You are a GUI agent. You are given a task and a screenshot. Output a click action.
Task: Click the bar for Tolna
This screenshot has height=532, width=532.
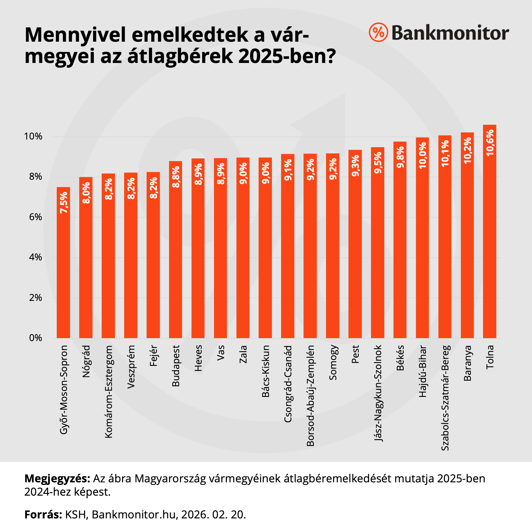[x=489, y=236]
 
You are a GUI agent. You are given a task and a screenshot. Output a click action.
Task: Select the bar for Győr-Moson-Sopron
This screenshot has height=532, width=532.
[x=63, y=266]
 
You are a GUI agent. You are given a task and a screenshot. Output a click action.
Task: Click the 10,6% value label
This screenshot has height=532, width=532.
[x=490, y=143]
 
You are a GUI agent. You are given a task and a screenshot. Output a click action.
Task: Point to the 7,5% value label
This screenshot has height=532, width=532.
[x=64, y=202]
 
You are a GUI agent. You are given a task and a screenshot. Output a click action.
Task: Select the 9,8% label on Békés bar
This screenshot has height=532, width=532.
[x=400, y=160]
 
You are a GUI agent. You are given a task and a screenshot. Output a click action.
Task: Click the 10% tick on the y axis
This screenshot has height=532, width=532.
[x=33, y=137]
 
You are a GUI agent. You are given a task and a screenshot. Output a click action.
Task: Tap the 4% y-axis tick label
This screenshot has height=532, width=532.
[x=35, y=257]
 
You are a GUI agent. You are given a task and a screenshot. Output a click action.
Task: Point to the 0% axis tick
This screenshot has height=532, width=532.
[x=35, y=338]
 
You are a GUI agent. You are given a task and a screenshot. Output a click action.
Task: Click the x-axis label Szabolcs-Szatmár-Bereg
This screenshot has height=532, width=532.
[x=445, y=398]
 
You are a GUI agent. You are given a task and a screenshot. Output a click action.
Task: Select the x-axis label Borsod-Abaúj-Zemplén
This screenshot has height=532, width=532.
[x=310, y=395]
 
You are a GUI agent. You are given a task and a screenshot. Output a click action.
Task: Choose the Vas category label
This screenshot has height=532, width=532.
[x=220, y=353]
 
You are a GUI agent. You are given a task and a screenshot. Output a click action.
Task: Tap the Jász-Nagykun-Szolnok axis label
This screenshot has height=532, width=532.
[x=378, y=393]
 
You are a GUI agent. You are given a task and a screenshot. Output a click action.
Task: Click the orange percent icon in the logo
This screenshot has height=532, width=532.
[x=378, y=32]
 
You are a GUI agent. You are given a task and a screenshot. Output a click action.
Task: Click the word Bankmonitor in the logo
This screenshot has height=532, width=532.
[x=450, y=33]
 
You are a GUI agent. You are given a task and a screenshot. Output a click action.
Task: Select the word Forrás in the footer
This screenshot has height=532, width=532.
[x=43, y=515]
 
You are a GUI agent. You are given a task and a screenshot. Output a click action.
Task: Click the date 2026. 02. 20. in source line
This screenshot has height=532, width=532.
[x=213, y=515]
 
